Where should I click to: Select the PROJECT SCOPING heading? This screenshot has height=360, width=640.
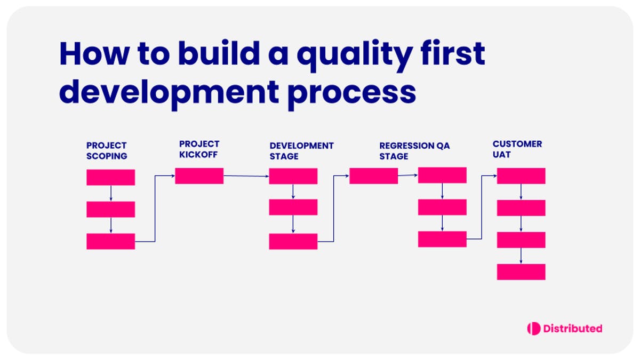click(107, 151)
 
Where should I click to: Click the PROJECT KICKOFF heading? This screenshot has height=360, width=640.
click(199, 149)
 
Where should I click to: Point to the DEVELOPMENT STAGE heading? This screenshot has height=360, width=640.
click(301, 151)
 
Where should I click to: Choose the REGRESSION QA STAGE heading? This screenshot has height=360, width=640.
click(414, 151)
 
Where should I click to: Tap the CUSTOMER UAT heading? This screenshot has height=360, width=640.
click(517, 149)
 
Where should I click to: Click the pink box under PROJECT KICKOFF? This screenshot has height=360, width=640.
click(199, 176)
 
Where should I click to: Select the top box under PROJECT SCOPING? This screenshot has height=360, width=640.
click(110, 177)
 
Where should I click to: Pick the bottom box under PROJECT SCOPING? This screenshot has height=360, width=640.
click(110, 241)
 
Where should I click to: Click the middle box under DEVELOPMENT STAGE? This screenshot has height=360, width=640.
click(293, 207)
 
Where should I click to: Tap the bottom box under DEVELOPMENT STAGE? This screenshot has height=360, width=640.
click(293, 241)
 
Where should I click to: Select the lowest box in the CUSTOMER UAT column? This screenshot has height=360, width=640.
click(521, 271)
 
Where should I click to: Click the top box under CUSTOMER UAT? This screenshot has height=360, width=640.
click(521, 176)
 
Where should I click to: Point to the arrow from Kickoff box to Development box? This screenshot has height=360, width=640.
click(246, 176)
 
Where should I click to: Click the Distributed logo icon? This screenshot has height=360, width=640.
click(533, 329)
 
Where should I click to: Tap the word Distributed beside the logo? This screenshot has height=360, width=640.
click(572, 329)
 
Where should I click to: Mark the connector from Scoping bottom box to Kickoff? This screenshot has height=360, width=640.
click(155, 208)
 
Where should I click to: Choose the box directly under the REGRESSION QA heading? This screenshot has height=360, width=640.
click(373, 176)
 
